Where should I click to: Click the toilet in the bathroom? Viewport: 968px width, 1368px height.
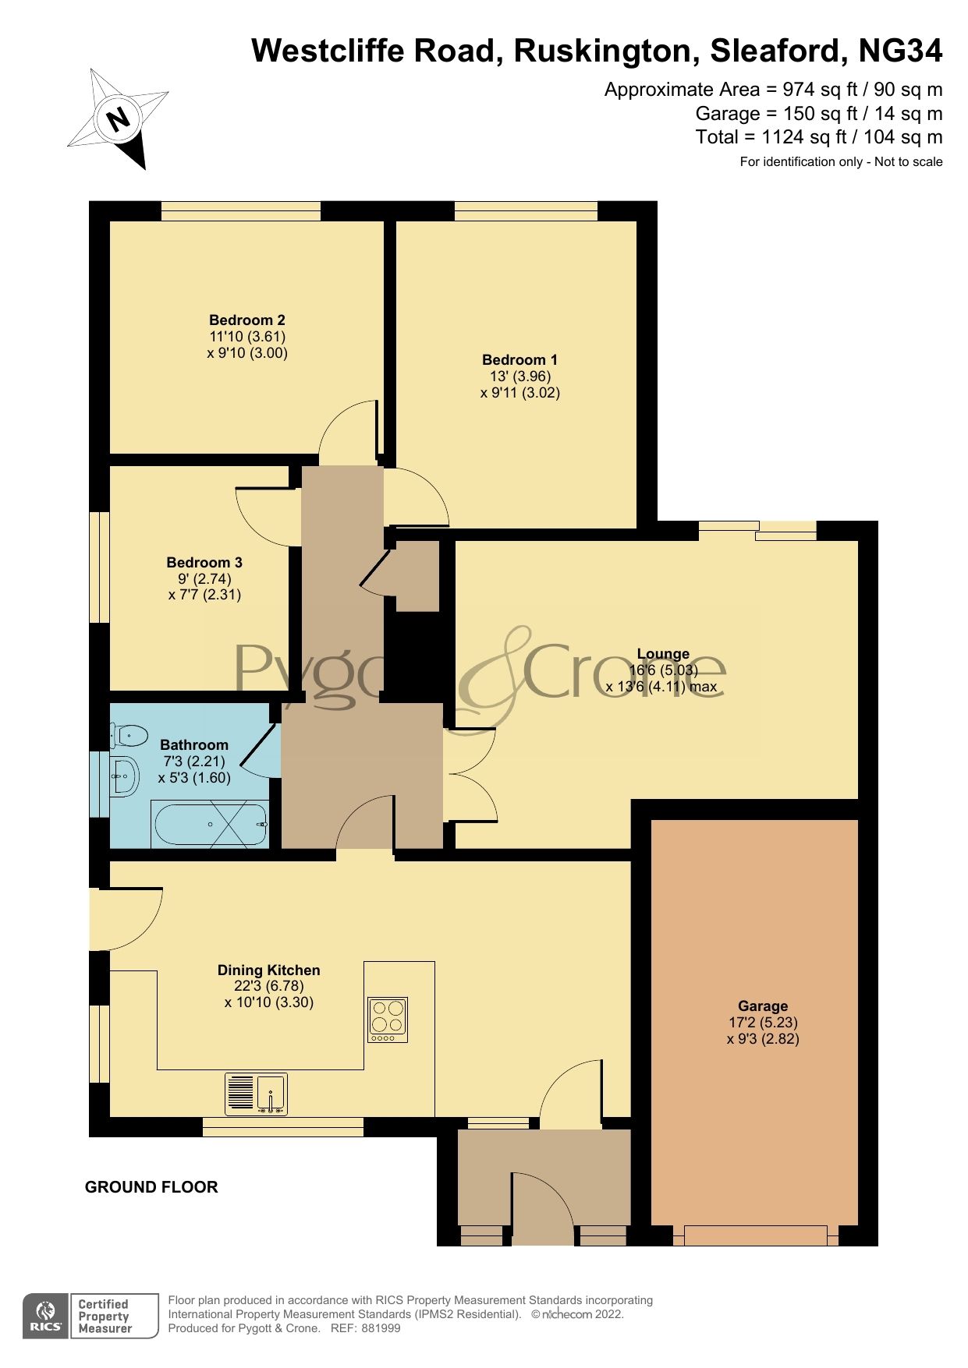coord(129,734)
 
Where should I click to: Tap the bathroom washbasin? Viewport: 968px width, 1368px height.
coord(125,776)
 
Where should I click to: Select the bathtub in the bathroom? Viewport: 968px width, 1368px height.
coord(212,824)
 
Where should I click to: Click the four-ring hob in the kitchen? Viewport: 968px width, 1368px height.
coord(388,1020)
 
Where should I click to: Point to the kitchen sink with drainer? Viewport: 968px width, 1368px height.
coord(256,1094)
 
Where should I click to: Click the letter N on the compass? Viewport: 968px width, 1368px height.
coord(119,119)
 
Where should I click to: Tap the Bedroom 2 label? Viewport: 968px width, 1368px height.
coord(247,320)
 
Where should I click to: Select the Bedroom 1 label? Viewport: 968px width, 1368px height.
coord(519,359)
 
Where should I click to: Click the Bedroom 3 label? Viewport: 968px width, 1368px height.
coord(204,562)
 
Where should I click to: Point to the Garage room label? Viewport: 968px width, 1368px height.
coord(763,1006)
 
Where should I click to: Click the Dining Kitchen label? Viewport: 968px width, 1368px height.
coord(269,970)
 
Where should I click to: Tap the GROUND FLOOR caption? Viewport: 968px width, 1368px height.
coord(151,1187)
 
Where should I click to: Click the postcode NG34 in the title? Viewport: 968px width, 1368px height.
coord(900,51)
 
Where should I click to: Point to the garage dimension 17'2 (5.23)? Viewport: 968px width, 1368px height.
coord(763,1022)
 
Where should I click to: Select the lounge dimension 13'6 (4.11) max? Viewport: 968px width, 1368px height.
coord(661,687)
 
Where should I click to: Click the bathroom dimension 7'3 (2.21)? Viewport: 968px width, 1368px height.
coord(194,761)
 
